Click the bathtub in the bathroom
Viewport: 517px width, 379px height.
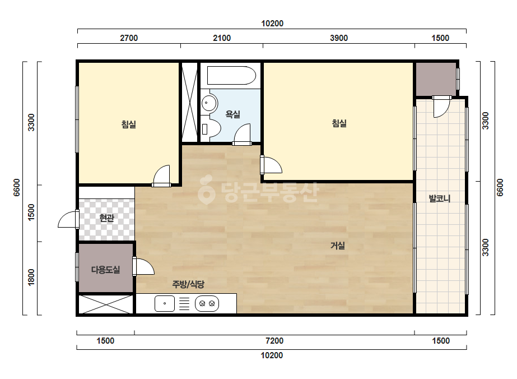pyautogui.click(x=231, y=76)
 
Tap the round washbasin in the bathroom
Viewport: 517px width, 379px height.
pyautogui.click(x=209, y=103)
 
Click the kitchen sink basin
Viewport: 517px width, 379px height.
pyautogui.click(x=165, y=303)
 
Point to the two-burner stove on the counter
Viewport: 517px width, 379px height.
pyautogui.click(x=207, y=303)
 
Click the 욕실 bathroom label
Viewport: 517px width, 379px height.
pyautogui.click(x=233, y=114)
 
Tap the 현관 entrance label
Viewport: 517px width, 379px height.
pyautogui.click(x=107, y=218)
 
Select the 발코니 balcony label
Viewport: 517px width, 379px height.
pyautogui.click(x=440, y=198)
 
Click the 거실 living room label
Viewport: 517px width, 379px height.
pyautogui.click(x=338, y=246)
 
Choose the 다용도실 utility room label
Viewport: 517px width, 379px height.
pyautogui.click(x=105, y=270)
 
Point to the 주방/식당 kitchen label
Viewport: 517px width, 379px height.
pyautogui.click(x=188, y=284)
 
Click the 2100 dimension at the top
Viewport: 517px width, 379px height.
pyautogui.click(x=222, y=38)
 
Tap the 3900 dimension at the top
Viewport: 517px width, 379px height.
pyautogui.click(x=339, y=38)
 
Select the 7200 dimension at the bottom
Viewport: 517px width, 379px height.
pyautogui.click(x=274, y=341)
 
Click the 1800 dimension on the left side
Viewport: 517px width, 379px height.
pyautogui.click(x=31, y=278)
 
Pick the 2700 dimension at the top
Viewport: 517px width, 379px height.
pyautogui.click(x=129, y=38)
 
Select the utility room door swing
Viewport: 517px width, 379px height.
pyautogui.click(x=144, y=267)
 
